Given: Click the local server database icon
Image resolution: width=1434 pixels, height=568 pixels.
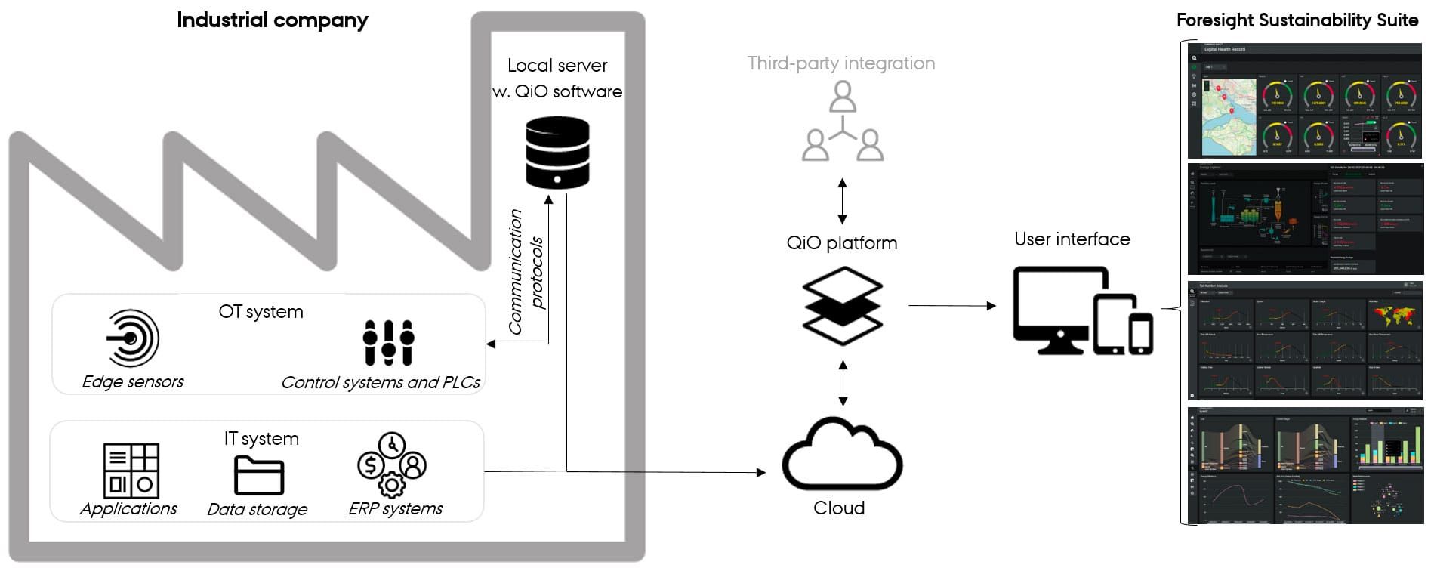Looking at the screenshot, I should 557,153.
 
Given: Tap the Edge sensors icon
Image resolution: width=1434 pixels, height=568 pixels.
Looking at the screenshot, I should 133,338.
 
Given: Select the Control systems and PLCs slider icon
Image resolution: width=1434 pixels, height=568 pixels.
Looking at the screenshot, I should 388,343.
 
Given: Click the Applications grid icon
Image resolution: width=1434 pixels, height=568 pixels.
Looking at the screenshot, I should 131,470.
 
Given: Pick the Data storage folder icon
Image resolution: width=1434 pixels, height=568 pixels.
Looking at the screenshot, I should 258,476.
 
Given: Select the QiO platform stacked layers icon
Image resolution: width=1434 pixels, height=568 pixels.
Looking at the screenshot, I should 842,305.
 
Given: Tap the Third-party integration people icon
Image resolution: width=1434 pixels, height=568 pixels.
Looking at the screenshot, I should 842,122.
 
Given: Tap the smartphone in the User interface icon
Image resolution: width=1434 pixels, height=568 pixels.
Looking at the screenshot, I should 1140,333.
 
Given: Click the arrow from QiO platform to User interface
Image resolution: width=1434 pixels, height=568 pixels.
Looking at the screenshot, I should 951,306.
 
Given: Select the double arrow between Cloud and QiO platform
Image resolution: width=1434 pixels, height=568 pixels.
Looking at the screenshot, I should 843,384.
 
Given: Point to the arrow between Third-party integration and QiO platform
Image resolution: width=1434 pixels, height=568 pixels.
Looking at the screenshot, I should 842,198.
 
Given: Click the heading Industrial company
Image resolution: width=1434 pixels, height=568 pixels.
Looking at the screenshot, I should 272,20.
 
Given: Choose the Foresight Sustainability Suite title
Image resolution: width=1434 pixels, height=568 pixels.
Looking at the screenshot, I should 1297,20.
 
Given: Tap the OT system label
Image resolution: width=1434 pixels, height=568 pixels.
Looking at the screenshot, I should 261,312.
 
